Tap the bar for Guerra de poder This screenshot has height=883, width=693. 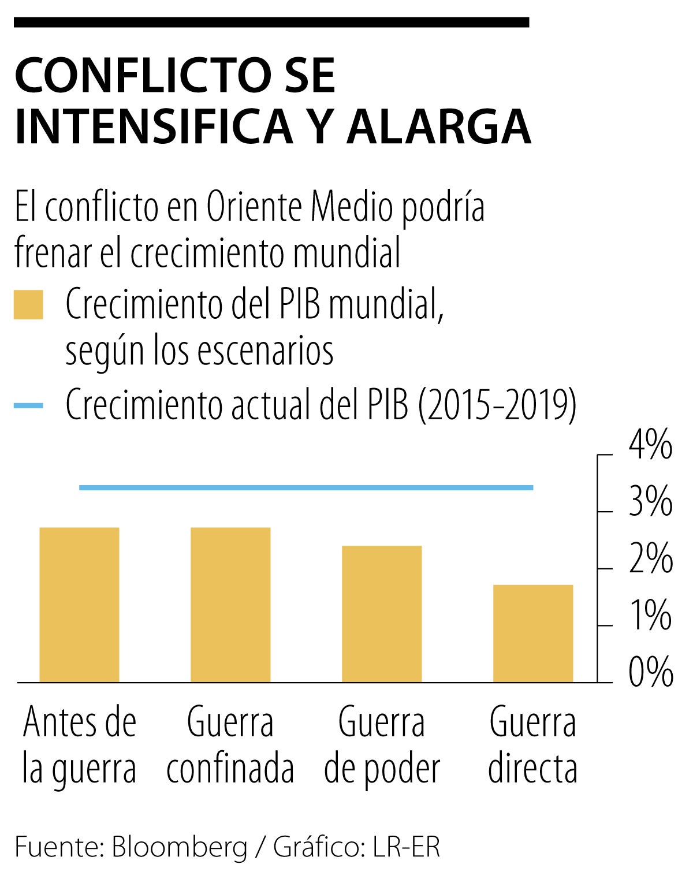(x=382, y=613)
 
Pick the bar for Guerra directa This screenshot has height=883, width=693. (x=533, y=633)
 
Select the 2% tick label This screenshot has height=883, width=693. (x=650, y=558)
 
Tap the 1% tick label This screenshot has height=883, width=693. (x=650, y=615)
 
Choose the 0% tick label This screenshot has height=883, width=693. (x=650, y=672)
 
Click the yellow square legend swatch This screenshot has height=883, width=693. (x=28, y=304)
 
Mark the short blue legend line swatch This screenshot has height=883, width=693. (x=28, y=405)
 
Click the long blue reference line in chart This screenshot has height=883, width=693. (x=306, y=487)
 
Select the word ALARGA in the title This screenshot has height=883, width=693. (x=438, y=126)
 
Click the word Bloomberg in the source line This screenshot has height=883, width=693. (x=179, y=847)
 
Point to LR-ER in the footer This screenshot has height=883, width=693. (x=407, y=847)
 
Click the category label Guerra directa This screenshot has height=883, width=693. (x=532, y=745)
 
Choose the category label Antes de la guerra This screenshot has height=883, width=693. (x=79, y=745)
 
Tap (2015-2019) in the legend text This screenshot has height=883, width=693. (x=497, y=405)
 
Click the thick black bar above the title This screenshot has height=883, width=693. (x=271, y=22)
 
